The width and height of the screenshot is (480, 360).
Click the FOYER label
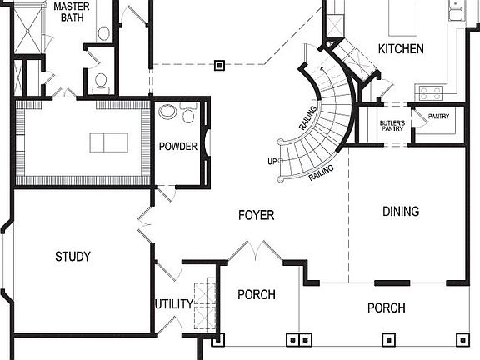tap(256, 216)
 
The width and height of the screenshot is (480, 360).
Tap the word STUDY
tap(72, 257)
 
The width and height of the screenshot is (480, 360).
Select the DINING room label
tap(401, 212)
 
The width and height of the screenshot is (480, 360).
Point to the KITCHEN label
tap(401, 49)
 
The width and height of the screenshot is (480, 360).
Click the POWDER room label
tap(178, 147)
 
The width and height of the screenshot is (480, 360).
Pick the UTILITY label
tap(173, 304)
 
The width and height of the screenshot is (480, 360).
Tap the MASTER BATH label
tap(72, 11)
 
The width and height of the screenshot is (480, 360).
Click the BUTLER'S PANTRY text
tap(392, 125)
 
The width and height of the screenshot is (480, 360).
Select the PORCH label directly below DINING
tap(387, 308)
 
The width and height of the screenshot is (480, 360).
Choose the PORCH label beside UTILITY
tap(257, 295)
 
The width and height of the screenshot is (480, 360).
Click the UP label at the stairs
tap(272, 161)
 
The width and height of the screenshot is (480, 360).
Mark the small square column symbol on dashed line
tap(219, 62)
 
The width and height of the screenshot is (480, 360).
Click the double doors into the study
tap(145, 225)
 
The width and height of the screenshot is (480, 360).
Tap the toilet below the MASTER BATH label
tap(100, 81)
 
